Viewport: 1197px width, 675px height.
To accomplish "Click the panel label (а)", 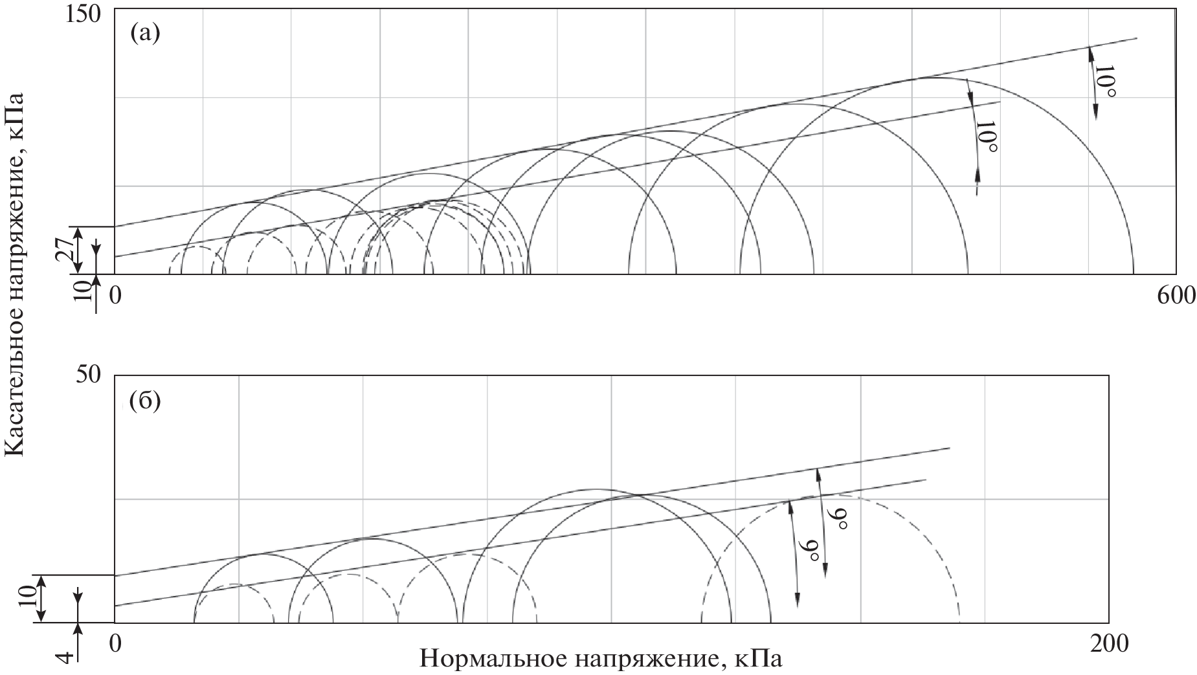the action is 144,32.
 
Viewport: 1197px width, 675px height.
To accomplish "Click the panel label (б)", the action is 145,402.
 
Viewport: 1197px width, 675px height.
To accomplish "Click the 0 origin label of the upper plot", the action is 115,295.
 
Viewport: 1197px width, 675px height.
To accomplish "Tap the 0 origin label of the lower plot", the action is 115,643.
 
